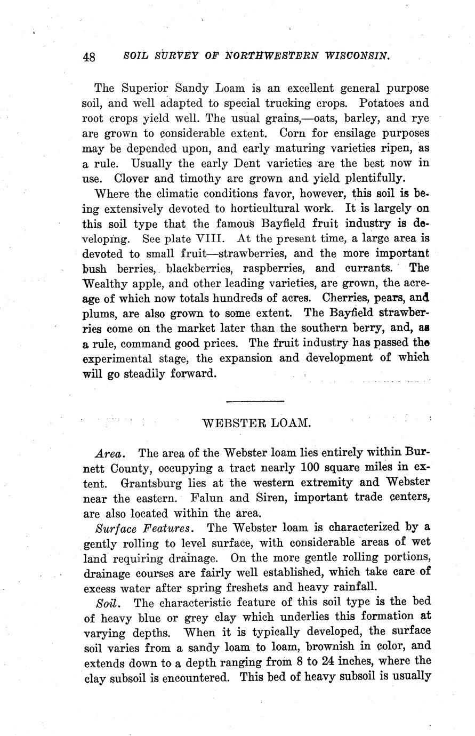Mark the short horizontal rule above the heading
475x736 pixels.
[x=255, y=401]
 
